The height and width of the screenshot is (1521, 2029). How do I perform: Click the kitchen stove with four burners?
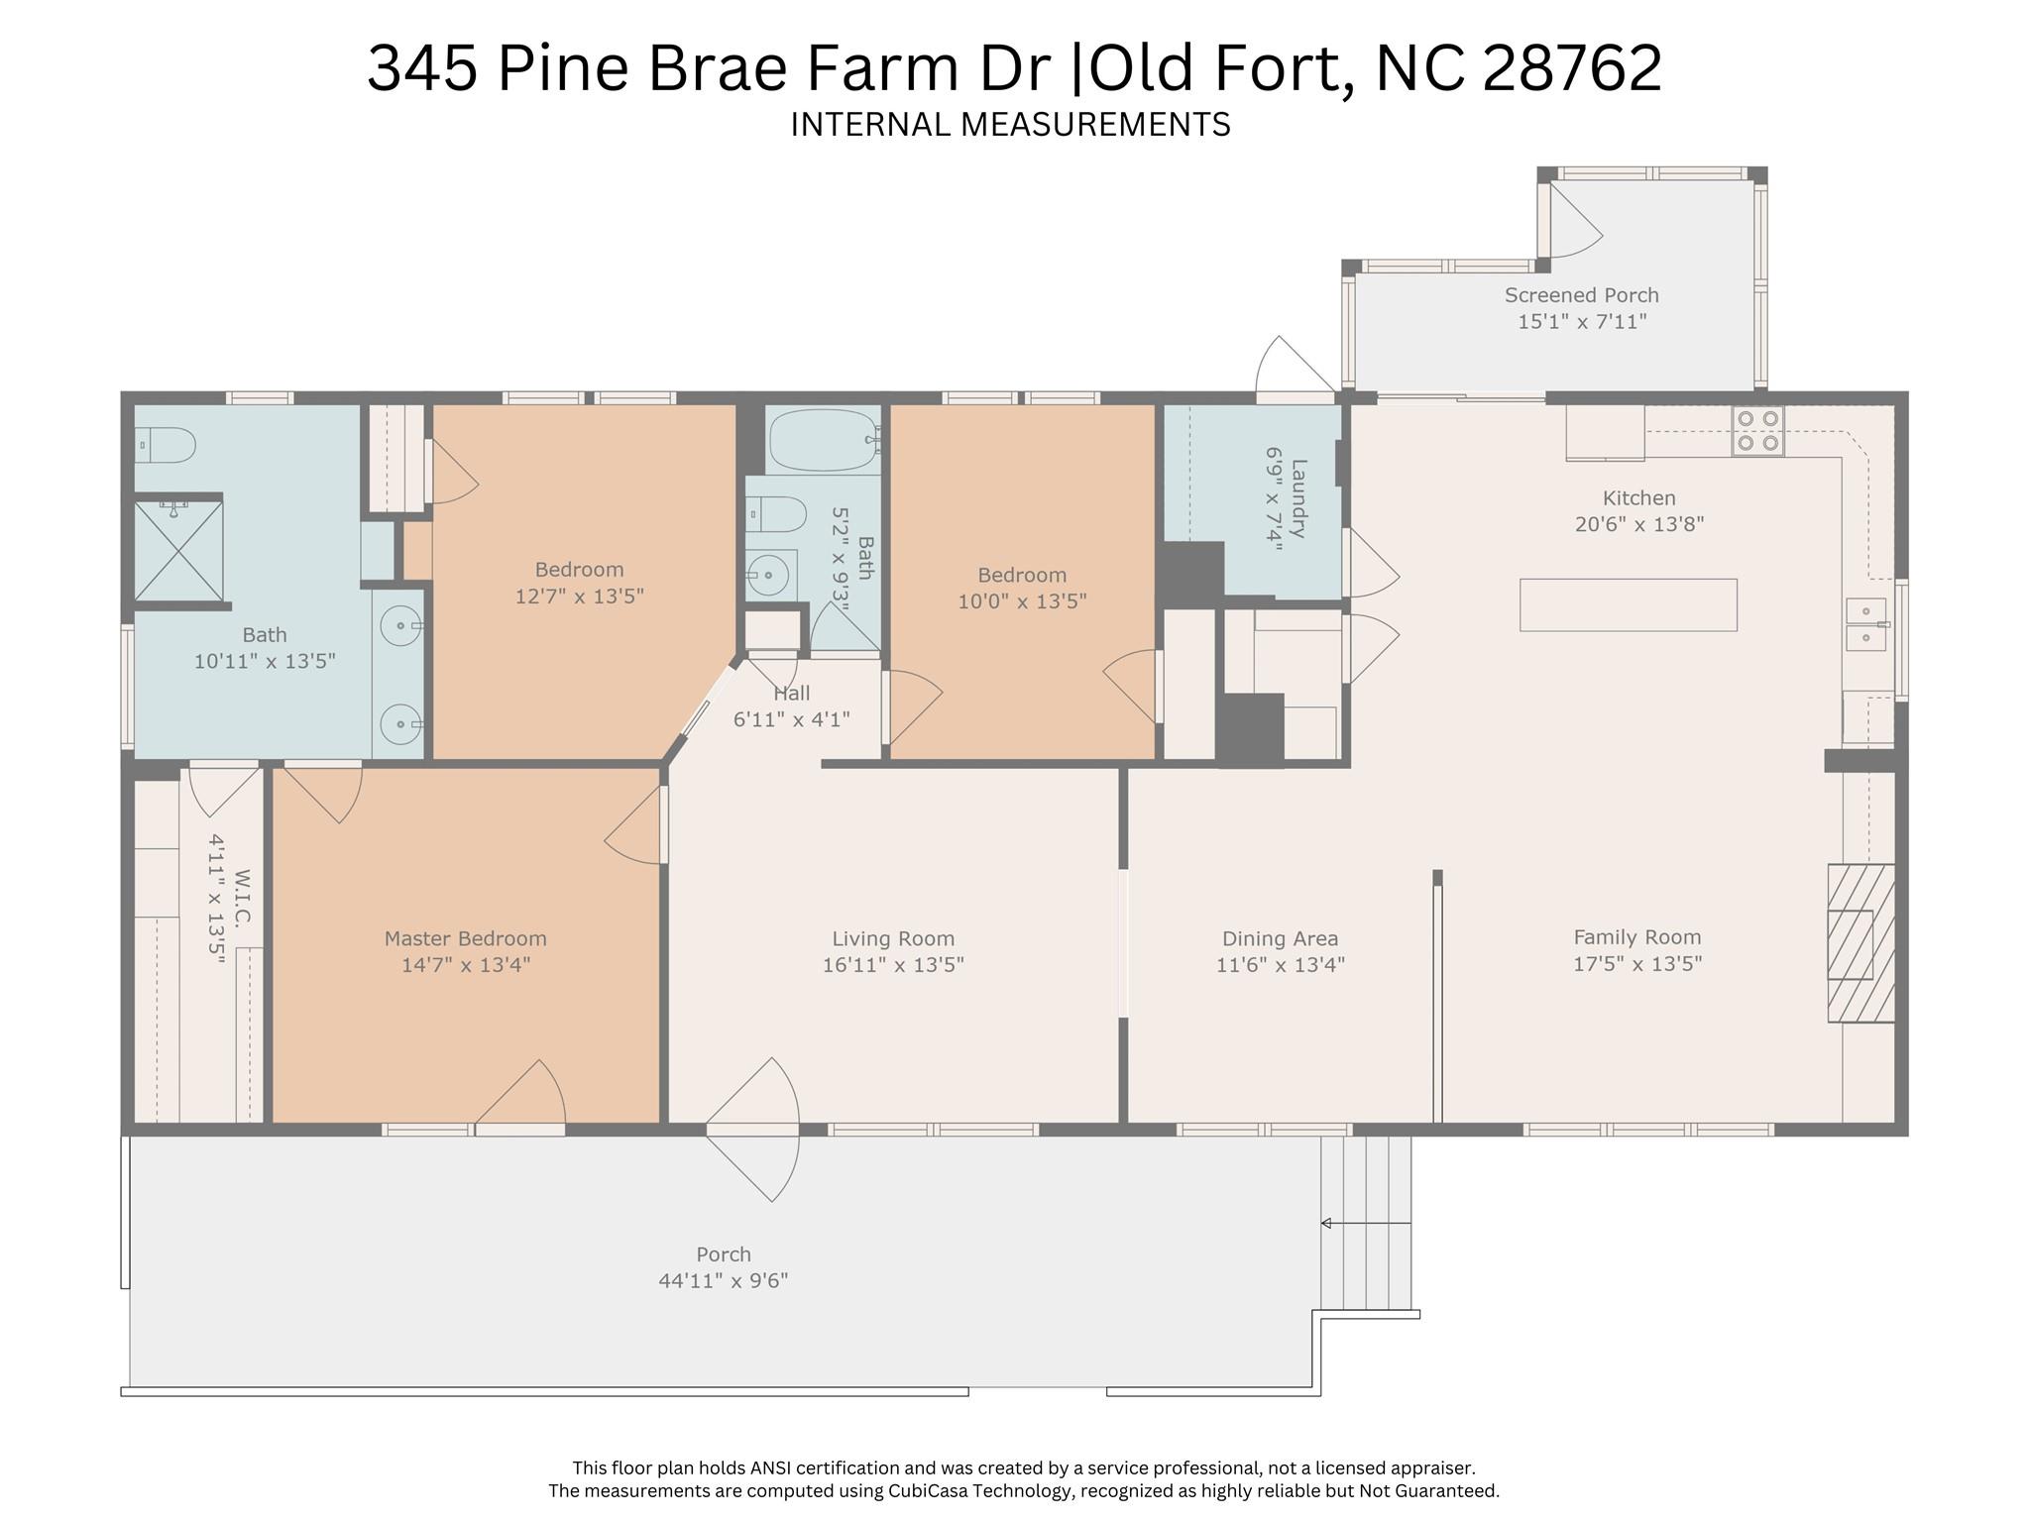click(x=1757, y=431)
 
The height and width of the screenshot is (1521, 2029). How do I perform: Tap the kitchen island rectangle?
click(x=1629, y=604)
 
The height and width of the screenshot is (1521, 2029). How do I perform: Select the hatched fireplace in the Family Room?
click(x=1861, y=943)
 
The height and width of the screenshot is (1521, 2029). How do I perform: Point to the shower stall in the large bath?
click(x=178, y=550)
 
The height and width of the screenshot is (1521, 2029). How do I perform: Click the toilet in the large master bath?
click(x=165, y=445)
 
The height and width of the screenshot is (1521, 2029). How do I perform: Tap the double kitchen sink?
click(x=1866, y=625)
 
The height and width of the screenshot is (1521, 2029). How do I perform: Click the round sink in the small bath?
click(x=768, y=574)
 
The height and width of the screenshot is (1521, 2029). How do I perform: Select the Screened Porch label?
click(x=1581, y=295)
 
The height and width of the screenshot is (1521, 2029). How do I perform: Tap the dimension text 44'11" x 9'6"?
click(x=724, y=1280)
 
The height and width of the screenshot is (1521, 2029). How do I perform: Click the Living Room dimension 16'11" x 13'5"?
click(x=893, y=964)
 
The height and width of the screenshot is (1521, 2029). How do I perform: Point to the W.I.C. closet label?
click(x=243, y=897)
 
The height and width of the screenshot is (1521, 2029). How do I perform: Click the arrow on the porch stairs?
click(x=1365, y=1223)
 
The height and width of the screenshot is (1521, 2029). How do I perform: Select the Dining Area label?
click(x=1280, y=938)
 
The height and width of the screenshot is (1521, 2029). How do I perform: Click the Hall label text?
click(x=792, y=694)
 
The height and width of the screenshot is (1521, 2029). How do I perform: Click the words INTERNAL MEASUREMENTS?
click(x=1010, y=125)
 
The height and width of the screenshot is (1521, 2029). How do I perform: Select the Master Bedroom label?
click(x=465, y=938)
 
